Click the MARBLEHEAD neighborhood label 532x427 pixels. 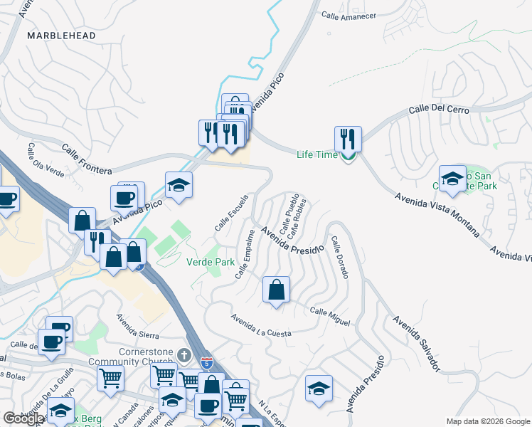click(x=58, y=34)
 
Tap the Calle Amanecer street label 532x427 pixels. click(x=349, y=14)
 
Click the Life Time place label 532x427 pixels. click(x=316, y=154)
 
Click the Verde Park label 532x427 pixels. click(x=211, y=262)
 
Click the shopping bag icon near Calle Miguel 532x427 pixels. click(x=276, y=290)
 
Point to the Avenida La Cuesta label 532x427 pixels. click(x=261, y=325)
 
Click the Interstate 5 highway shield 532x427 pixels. click(x=206, y=363)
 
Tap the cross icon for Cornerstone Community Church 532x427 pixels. click(x=183, y=354)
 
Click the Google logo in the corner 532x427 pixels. click(x=23, y=418)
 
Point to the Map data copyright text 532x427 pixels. click(x=487, y=421)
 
